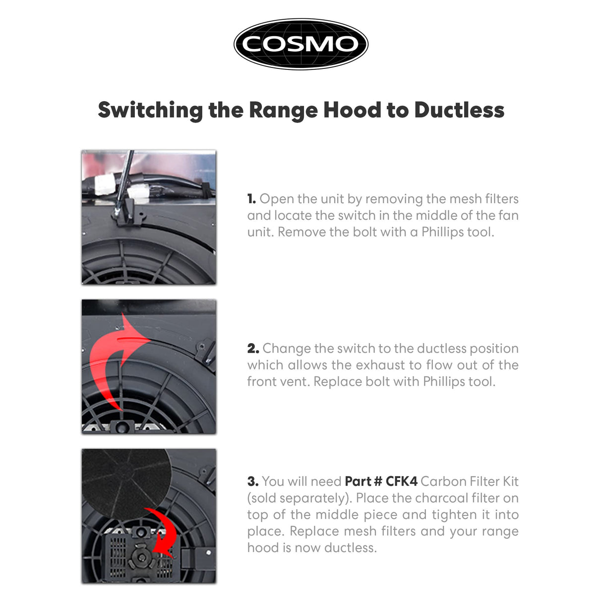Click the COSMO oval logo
coord(301,44)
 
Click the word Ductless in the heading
coord(459,110)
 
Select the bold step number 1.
coord(251,199)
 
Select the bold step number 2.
coord(253,349)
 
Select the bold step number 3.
coord(253,482)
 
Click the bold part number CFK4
coord(402,482)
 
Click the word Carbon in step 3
coord(444,482)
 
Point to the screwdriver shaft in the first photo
coord(125,179)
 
